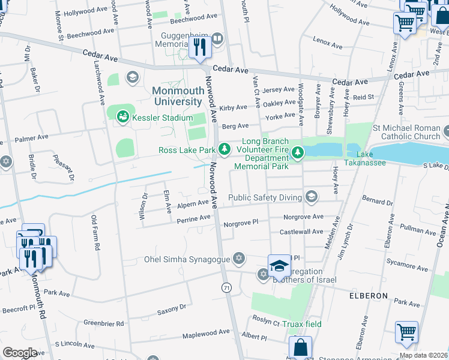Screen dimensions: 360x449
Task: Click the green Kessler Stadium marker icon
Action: [x=123, y=116]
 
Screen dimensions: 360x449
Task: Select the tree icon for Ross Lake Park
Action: [x=224, y=148]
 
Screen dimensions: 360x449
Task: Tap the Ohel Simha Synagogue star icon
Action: [x=239, y=258]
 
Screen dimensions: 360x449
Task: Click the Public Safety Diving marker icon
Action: [x=311, y=196]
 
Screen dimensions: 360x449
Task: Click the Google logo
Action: [x=20, y=353]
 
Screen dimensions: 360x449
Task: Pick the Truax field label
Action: [x=303, y=324]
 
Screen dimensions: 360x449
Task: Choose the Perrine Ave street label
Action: [x=193, y=219]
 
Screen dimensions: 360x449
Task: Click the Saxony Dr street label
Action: [x=172, y=309]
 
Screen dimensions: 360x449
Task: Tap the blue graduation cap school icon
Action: [x=279, y=265]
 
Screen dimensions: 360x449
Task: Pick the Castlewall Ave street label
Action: [x=301, y=231]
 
